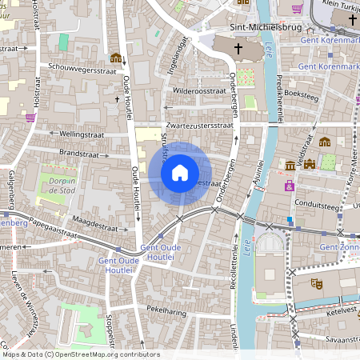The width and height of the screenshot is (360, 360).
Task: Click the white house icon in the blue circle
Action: [180, 172]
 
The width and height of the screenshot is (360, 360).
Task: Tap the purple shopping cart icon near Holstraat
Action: [30, 117]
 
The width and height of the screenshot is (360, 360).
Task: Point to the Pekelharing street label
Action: [166, 307]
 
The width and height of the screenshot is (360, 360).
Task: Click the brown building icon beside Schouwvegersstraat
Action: [116, 58]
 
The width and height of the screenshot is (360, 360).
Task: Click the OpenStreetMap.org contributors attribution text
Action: [109, 354]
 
